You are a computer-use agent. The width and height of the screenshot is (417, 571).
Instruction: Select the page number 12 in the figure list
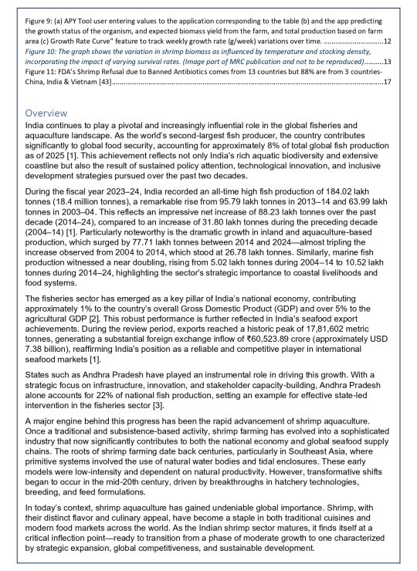tap(387, 40)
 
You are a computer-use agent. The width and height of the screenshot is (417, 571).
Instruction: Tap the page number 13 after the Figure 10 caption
tap(387, 60)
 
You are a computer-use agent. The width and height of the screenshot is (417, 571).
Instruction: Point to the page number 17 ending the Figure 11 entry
tap(387, 80)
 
